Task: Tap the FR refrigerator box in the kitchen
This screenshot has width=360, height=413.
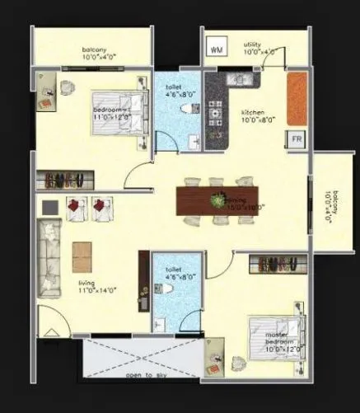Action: (x=295, y=141)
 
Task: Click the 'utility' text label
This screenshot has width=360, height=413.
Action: (x=253, y=45)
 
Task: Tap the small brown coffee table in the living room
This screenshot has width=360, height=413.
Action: (x=81, y=251)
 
